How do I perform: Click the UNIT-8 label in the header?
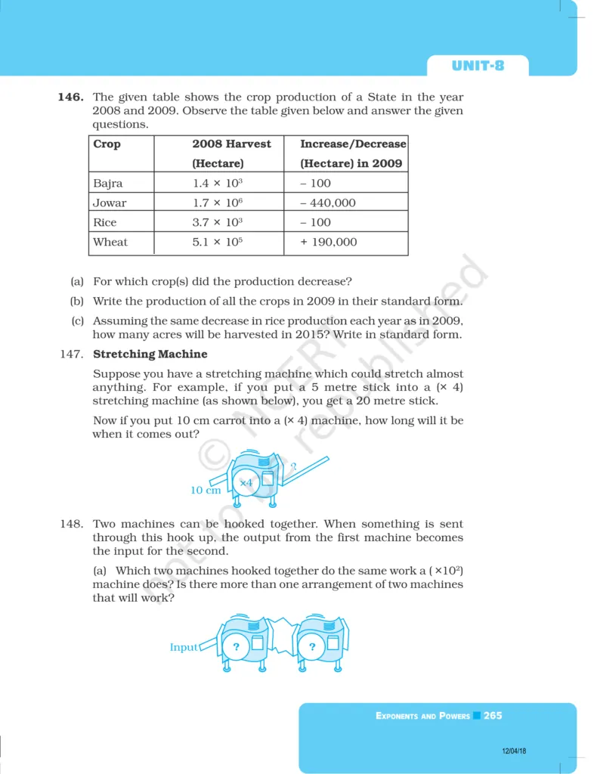(478, 66)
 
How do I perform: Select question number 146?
(71, 98)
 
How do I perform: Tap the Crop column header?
(107, 144)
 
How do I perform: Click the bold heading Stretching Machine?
(150, 354)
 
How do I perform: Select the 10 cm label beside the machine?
(206, 490)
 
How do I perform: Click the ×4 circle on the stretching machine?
(246, 482)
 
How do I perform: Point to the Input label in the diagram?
(184, 647)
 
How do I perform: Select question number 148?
(71, 524)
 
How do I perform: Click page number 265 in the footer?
(493, 715)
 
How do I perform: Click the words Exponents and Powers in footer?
(422, 716)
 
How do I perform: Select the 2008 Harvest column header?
(230, 144)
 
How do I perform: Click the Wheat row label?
(110, 242)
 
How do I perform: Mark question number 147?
(71, 354)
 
